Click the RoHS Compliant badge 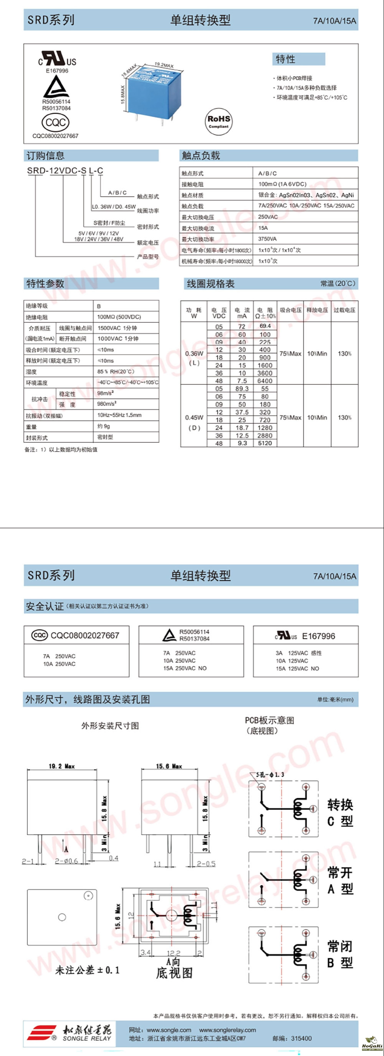(x=218, y=121)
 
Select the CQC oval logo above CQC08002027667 (x=55, y=122)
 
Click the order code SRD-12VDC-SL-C (x=65, y=170)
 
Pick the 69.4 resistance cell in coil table (x=265, y=326)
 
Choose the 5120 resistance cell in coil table (x=265, y=443)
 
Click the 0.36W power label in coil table (x=194, y=354)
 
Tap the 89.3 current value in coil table (x=242, y=389)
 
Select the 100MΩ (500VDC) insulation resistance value (x=119, y=317)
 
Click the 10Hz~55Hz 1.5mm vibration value (x=119, y=415)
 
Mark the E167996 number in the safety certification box (x=318, y=636)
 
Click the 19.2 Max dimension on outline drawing (x=61, y=766)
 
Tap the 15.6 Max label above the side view (x=169, y=766)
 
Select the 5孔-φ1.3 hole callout (x=270, y=775)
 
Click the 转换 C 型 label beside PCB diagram (x=340, y=812)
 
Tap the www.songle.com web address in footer (x=169, y=1030)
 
